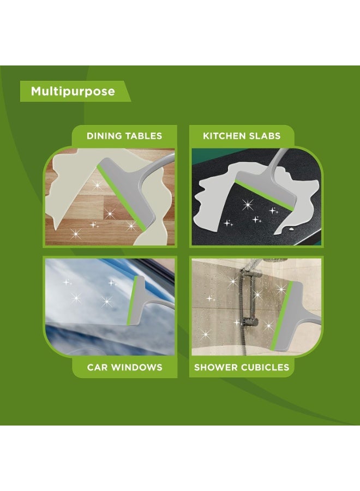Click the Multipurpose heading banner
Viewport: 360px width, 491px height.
click(73, 91)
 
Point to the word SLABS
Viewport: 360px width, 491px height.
click(266, 136)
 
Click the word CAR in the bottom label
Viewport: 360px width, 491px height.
click(97, 367)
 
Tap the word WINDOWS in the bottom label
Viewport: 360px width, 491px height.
click(136, 367)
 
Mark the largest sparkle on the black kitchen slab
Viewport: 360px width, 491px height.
click(248, 205)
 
